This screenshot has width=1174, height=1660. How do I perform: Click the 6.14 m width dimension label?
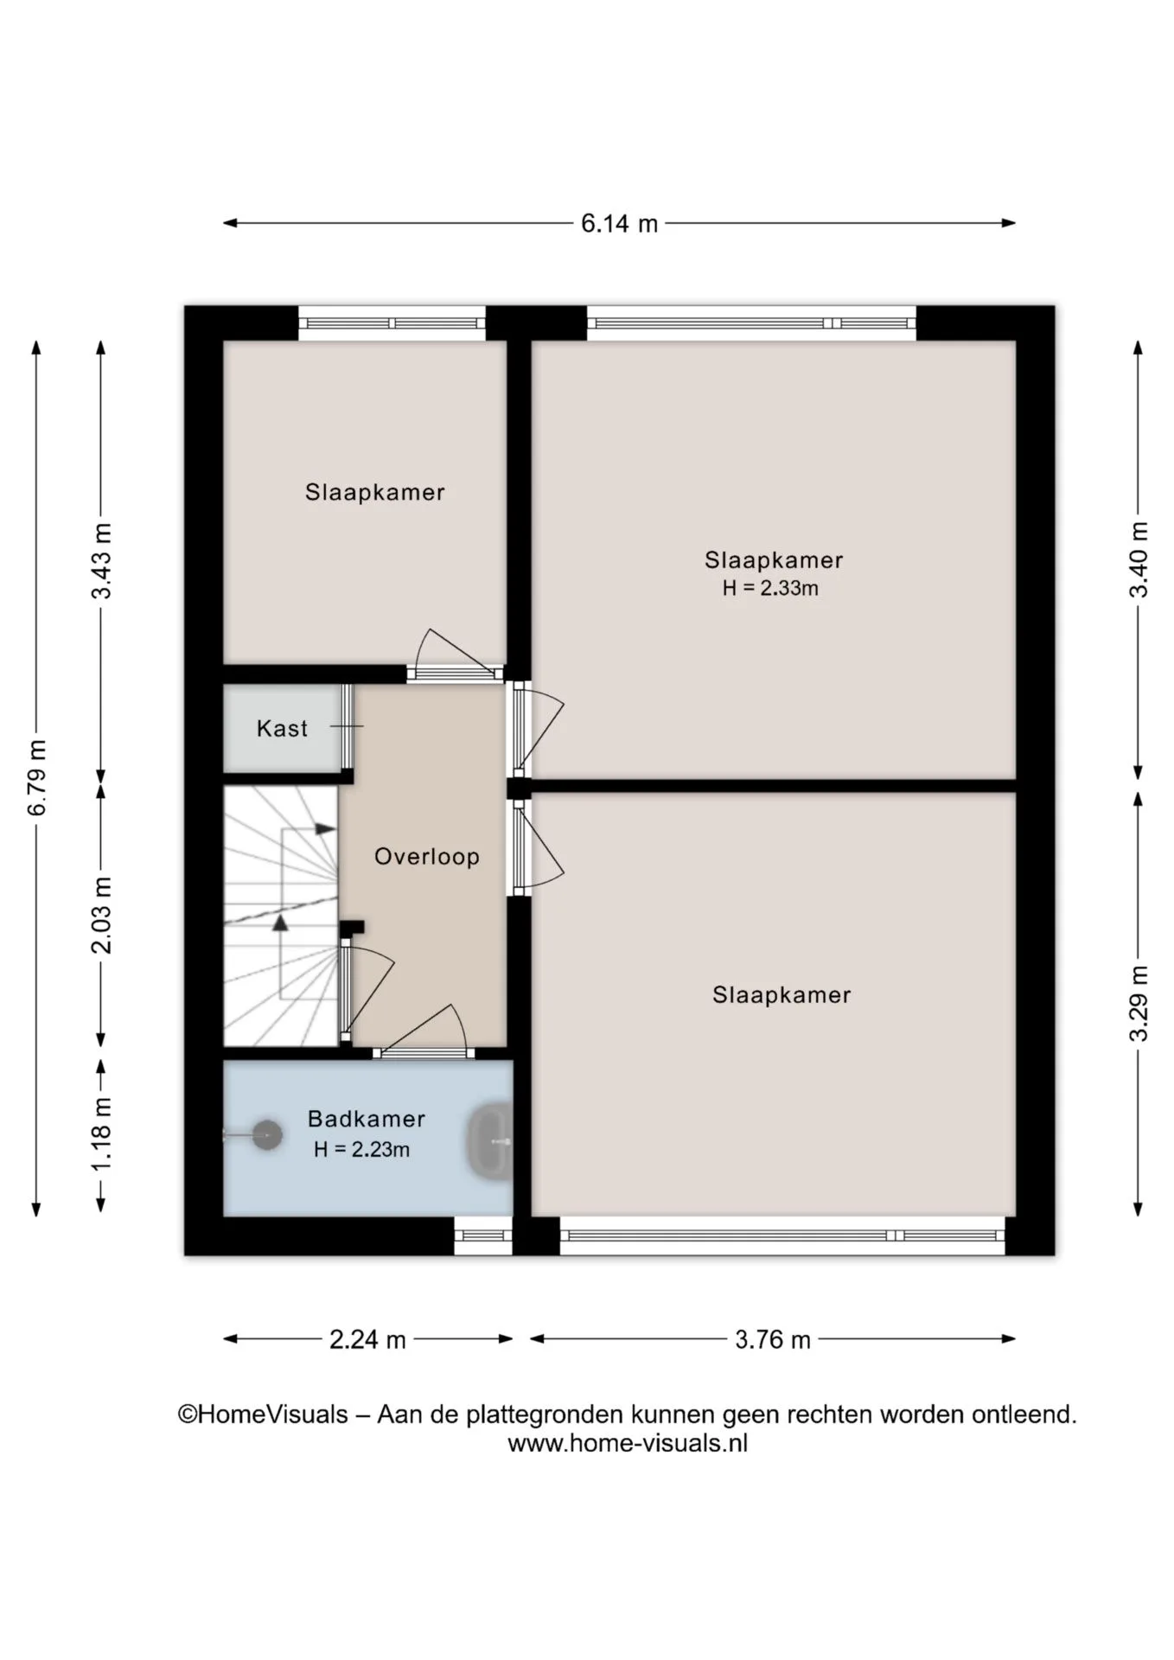pyautogui.click(x=619, y=224)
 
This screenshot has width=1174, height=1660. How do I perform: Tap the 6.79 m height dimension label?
pyautogui.click(x=37, y=777)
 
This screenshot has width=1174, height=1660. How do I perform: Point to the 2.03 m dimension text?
pyautogui.click(x=101, y=915)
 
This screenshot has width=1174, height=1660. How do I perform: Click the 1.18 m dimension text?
pyautogui.click(x=101, y=1133)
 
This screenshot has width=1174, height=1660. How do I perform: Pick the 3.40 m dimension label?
pyautogui.click(x=1139, y=559)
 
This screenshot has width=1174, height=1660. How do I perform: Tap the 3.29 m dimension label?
pyautogui.click(x=1139, y=1003)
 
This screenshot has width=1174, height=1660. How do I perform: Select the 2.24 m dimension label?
pyautogui.click(x=367, y=1339)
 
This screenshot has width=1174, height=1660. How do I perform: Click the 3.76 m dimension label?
pyautogui.click(x=773, y=1339)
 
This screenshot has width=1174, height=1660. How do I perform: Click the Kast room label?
pyautogui.click(x=282, y=728)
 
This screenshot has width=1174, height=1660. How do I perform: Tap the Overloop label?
pyautogui.click(x=426, y=857)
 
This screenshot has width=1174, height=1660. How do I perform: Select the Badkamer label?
pyautogui.click(x=367, y=1119)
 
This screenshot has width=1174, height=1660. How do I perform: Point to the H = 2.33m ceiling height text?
pyautogui.click(x=770, y=588)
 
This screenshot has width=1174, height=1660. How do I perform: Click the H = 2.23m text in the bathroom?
pyautogui.click(x=361, y=1149)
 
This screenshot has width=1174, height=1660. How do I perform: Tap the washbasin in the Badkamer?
pyautogui.click(x=489, y=1141)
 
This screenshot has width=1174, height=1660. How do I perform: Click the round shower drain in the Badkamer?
pyautogui.click(x=267, y=1135)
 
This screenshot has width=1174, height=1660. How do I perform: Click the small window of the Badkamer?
pyautogui.click(x=483, y=1235)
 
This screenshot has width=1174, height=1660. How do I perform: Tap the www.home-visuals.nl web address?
pyautogui.click(x=628, y=1443)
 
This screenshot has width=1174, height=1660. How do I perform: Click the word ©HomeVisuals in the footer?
pyautogui.click(x=263, y=1414)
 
